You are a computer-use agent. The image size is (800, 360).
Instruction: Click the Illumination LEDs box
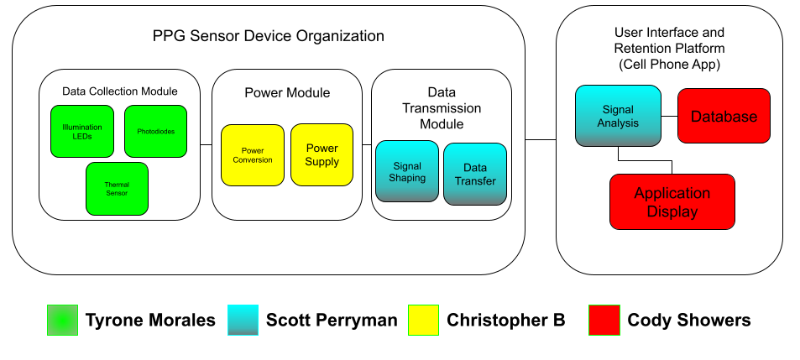[x=81, y=131]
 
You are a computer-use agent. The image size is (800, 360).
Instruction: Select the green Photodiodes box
[x=155, y=131]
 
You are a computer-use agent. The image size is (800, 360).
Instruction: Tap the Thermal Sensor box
[x=117, y=188]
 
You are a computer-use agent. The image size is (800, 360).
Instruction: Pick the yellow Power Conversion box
[x=252, y=154]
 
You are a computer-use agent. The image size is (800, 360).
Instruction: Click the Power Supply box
[x=322, y=154]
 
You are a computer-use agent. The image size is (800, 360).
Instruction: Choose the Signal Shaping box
[x=406, y=171]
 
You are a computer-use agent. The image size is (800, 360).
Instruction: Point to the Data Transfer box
[x=475, y=174]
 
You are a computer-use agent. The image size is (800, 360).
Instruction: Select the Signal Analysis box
[x=618, y=117]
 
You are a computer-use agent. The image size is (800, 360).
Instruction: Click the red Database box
[x=724, y=117]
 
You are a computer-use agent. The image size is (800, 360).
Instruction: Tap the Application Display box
[x=672, y=202]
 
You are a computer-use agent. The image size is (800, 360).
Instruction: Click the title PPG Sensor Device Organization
[x=269, y=36]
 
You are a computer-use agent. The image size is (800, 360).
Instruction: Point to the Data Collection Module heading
[x=119, y=91]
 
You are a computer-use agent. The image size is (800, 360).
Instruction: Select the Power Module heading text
[x=287, y=92]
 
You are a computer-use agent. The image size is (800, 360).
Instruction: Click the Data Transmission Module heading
[x=442, y=107]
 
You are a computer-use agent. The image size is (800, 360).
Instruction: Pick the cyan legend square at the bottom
[x=243, y=320]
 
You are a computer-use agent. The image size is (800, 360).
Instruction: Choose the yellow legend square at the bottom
[x=423, y=320]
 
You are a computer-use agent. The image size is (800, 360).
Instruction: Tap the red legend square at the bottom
[x=604, y=320]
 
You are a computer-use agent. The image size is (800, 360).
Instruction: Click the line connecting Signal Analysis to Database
[x=669, y=117]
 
